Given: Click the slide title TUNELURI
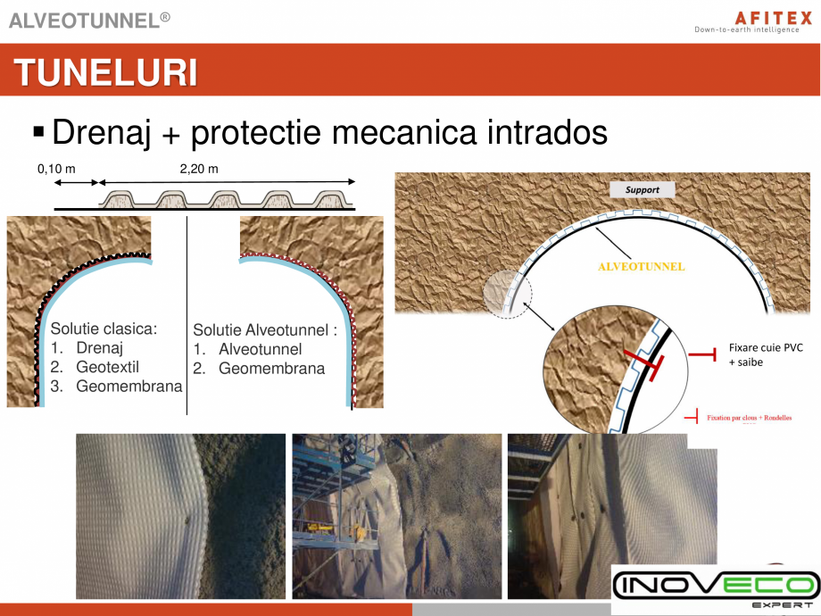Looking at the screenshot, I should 105,72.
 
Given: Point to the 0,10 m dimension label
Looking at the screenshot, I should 55,169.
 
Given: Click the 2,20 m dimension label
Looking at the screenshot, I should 198,169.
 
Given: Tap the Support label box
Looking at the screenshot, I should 642,190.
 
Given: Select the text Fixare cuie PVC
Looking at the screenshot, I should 766,348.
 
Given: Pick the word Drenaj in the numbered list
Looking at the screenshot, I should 99,347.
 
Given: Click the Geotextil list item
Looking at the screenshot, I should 107,367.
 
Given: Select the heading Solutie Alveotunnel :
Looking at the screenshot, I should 265,329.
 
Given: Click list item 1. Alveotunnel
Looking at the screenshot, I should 260,349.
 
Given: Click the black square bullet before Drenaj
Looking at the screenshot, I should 37,132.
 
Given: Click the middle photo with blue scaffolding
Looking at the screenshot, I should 396,516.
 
